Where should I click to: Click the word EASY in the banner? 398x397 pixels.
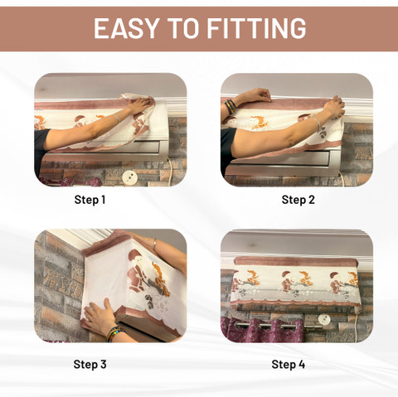coord(126,28)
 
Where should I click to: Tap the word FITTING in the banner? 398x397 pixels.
coord(256,28)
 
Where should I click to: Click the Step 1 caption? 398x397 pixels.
coord(90,200)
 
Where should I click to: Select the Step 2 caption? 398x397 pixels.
coord(298,200)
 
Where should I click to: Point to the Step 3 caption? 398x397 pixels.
coord(90,364)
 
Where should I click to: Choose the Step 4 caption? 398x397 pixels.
coord(289,364)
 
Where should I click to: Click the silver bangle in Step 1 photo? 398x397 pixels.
coord(117,119)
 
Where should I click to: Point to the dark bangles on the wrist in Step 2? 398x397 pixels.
coord(230,106)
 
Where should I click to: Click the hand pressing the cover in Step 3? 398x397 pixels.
coord(100,315)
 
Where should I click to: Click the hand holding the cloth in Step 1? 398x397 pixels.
coord(140,104)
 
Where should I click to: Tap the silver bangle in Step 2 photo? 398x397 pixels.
coord(316,123)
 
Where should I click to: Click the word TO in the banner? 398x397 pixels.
coord(182,28)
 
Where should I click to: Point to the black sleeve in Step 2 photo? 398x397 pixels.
coord(227,151)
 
